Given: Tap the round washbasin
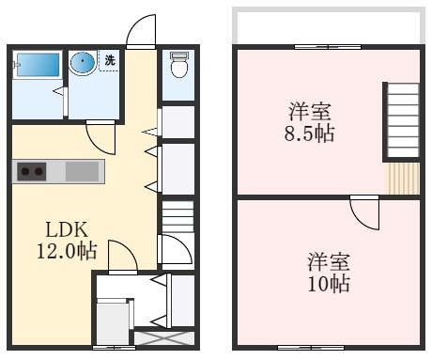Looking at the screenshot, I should (x=85, y=64).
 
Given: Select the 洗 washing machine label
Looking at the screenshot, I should (x=110, y=60).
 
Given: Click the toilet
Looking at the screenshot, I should (x=178, y=69).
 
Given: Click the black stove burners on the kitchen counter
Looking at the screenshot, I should (x=32, y=172).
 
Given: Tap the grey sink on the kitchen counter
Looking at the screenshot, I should (x=83, y=172).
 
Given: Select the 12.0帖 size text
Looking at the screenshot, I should (x=67, y=251).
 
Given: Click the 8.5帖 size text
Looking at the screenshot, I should (x=309, y=133).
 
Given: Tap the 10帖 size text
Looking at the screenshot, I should (x=327, y=282).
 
